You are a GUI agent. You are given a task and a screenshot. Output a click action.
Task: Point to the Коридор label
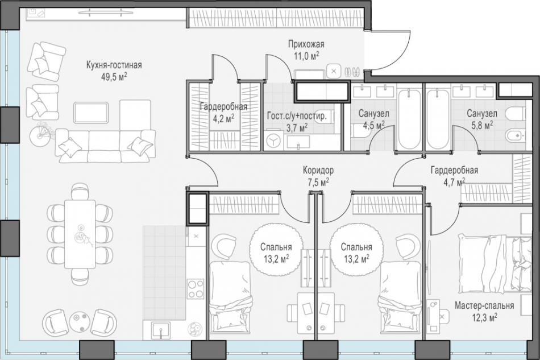(317, 170)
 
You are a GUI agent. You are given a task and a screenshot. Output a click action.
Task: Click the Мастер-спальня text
(484, 305)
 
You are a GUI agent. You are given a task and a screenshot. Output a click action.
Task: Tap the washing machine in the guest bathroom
(274, 139)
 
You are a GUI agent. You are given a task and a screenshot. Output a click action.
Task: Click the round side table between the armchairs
(80, 321)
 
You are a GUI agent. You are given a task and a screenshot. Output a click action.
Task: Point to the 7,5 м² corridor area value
(317, 182)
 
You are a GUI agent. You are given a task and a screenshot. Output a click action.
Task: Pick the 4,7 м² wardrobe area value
(454, 182)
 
